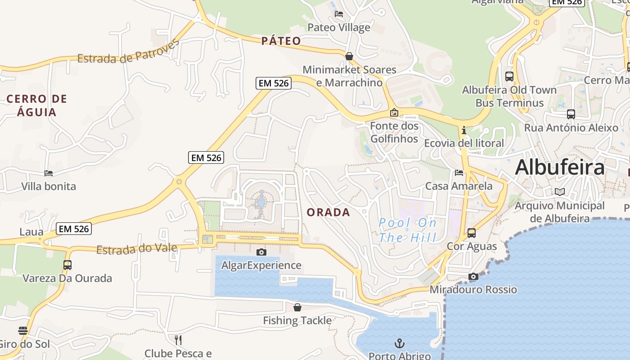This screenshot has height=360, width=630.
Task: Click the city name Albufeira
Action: click(559, 167)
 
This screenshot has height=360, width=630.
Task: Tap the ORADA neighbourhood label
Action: click(328, 212)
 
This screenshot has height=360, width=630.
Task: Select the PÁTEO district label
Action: click(281, 41)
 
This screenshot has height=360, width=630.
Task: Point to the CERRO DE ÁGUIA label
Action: click(37, 105)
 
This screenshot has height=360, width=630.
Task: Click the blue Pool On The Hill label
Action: click(408, 230)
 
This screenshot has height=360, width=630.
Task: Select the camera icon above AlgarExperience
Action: click(261, 252)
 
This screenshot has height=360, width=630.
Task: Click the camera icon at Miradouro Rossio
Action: click(473, 276)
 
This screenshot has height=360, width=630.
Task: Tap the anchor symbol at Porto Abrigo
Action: click(399, 344)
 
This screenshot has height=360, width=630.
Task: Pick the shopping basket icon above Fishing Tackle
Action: click(297, 307)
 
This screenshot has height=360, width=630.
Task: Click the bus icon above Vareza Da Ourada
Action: click(67, 265)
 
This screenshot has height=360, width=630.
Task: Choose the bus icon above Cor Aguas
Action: click(472, 233)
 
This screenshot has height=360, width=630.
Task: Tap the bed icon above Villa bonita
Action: click(49, 173)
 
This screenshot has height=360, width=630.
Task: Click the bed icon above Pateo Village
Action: click(339, 14)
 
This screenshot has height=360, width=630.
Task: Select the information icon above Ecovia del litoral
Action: click(464, 130)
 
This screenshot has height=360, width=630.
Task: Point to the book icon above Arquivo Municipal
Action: click(560, 192)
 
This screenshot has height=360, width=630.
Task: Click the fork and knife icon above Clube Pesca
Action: click(178, 340)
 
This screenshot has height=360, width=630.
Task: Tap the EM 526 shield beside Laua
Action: click(74, 229)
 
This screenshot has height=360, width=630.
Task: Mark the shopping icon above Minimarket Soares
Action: click(349, 56)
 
